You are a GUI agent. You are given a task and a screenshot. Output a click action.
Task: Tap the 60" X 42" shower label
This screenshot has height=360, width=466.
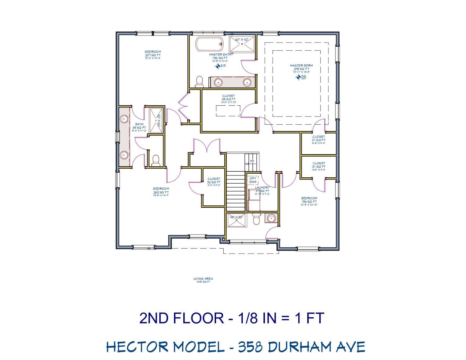pos(242,40)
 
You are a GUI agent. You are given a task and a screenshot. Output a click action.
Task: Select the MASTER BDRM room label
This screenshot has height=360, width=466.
pos(301,66)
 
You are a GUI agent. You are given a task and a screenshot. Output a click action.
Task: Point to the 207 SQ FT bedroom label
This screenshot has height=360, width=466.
pos(153,52)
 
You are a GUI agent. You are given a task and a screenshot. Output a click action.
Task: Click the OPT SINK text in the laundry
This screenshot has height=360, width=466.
pos(253,180)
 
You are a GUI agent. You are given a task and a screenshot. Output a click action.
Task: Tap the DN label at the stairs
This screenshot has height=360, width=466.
pos(252,161)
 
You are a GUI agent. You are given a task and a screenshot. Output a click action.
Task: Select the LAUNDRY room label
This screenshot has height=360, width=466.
pos(262,188)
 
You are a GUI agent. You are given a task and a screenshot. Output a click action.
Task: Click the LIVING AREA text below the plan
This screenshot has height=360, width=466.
pos(203,279)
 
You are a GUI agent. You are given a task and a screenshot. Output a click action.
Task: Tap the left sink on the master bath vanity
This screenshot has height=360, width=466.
pos(218,82)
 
